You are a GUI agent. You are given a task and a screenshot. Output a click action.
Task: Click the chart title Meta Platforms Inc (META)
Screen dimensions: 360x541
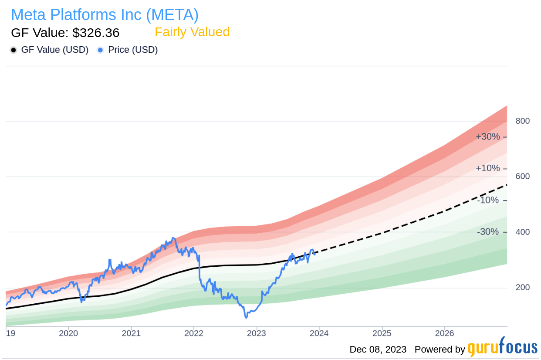pos(105,15)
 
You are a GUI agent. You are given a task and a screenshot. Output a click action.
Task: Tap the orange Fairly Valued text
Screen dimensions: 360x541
pos(192,32)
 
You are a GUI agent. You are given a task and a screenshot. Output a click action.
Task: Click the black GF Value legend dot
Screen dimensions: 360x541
pos(14,50)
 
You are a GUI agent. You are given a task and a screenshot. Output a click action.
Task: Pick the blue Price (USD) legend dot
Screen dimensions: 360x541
pos(101,50)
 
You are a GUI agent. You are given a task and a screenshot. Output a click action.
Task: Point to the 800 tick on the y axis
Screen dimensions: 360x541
pos(523,121)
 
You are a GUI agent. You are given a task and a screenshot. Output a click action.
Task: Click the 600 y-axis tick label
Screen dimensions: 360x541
pos(523,177)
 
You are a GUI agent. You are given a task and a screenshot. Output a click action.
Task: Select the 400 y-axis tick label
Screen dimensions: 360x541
pos(523,232)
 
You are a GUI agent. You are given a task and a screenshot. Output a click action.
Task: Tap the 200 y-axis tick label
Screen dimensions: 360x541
pos(523,288)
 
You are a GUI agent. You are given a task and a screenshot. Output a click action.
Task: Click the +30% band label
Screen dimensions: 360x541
pos(487,137)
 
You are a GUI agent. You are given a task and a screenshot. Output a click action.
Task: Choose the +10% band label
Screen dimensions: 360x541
pos(487,168)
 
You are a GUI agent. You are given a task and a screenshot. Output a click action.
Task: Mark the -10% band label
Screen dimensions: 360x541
pos(488,200)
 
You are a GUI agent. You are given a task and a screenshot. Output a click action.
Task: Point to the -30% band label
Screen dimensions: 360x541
pos(488,232)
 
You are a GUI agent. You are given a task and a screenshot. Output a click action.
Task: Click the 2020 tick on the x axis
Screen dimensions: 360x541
pos(68,333)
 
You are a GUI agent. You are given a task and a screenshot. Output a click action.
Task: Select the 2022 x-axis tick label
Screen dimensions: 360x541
pos(194,333)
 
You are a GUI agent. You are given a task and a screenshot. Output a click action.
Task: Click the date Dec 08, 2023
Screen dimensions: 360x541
pos(378,350)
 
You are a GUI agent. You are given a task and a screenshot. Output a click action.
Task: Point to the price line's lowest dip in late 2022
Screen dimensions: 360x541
pos(246,317)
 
